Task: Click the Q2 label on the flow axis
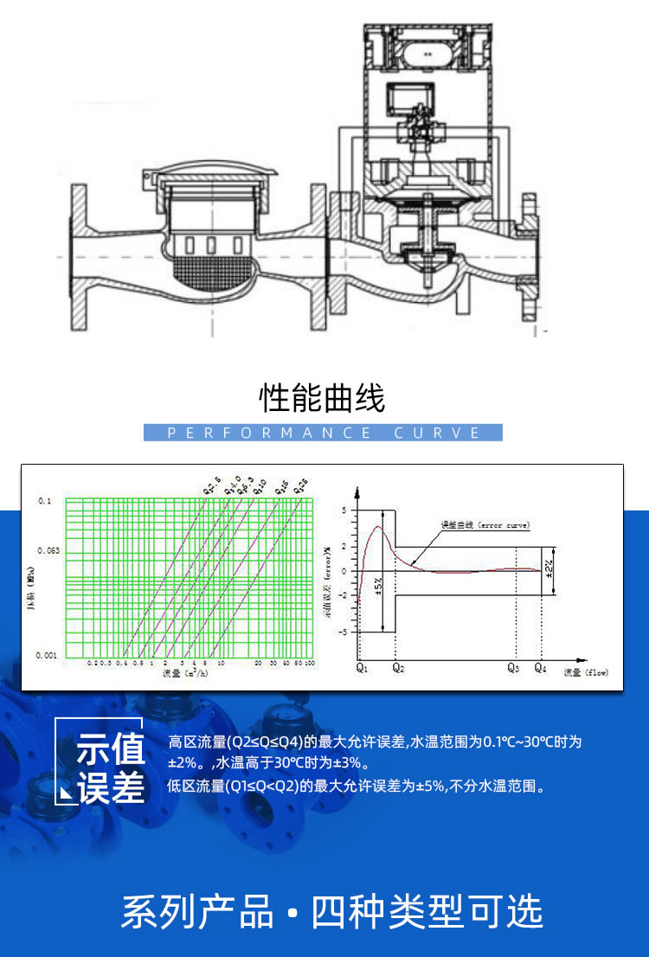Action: (x=397, y=669)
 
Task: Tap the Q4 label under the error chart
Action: (x=540, y=669)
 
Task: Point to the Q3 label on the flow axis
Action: (x=512, y=669)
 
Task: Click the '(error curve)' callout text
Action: (x=504, y=525)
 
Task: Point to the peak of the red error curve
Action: (x=378, y=527)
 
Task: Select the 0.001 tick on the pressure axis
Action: (x=47, y=656)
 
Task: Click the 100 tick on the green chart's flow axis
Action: (x=308, y=663)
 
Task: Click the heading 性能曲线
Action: (x=323, y=399)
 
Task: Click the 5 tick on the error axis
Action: (x=344, y=511)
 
